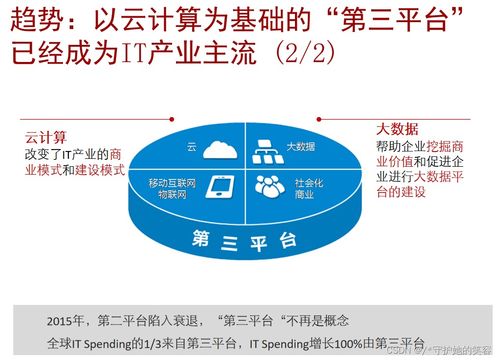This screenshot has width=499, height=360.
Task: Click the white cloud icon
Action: pyautogui.click(x=216, y=150)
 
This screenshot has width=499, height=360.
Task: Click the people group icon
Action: pyautogui.click(x=269, y=187)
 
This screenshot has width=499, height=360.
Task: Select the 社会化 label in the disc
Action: pyautogui.click(x=311, y=183)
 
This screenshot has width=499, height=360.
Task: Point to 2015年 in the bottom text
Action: pyautogui.click(x=67, y=321)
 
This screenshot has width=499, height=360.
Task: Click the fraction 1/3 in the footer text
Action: pyautogui.click(x=171, y=343)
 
